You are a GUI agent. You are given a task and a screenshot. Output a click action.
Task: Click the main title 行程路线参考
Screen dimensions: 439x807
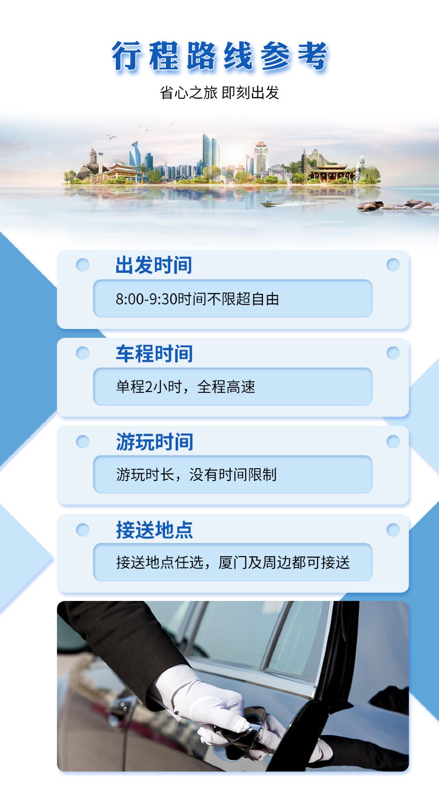tap(219, 57)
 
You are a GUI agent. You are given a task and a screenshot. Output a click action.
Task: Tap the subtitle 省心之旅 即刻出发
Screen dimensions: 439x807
tap(219, 93)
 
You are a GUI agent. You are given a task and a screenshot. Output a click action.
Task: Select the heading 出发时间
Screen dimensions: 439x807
tap(154, 265)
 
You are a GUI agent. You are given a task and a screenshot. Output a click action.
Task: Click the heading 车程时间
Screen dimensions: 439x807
tap(154, 354)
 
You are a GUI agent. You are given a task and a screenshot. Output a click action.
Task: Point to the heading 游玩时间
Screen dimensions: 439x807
tap(155, 441)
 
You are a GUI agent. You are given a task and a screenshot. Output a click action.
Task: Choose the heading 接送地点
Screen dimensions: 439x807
tap(154, 530)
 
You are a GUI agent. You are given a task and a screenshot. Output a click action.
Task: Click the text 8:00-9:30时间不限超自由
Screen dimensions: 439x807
tap(198, 299)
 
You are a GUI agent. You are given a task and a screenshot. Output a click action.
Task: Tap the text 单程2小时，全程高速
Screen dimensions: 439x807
tap(185, 387)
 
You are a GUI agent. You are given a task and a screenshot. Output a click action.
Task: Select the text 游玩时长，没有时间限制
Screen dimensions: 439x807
tap(196, 475)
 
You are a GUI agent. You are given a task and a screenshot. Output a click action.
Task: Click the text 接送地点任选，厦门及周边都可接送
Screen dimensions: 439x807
tap(233, 563)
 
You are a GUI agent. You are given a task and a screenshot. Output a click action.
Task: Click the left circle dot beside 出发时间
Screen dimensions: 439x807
tap(83, 265)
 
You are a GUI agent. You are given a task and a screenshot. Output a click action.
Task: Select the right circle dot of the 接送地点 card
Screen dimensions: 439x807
tap(393, 530)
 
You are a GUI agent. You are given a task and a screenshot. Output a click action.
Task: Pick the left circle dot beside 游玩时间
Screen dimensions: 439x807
tap(83, 441)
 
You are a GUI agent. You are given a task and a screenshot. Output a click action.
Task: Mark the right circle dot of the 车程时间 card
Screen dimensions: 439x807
tap(393, 353)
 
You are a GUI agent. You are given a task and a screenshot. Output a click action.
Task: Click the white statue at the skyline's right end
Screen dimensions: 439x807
tap(361, 169)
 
